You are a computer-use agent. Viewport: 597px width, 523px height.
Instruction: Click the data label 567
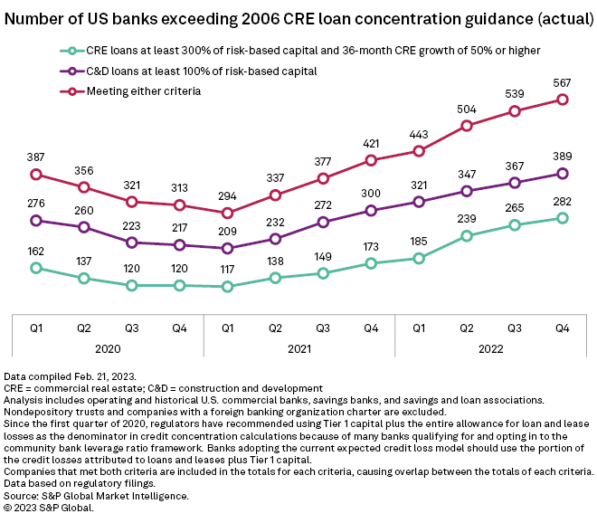click(562, 81)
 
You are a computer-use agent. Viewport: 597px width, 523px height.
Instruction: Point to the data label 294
click(227, 195)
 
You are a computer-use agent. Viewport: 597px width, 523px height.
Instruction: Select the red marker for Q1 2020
click(36, 174)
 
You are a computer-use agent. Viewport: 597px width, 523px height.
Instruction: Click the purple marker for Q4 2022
click(562, 173)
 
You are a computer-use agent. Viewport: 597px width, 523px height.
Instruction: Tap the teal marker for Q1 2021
click(227, 287)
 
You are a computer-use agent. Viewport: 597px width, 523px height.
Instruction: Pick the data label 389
click(562, 156)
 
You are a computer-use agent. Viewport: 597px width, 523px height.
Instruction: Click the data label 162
click(36, 250)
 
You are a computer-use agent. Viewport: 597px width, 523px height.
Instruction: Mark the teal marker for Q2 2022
click(466, 236)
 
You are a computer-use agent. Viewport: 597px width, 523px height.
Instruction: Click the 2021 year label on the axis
click(299, 346)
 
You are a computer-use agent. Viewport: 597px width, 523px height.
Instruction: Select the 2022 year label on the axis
click(490, 346)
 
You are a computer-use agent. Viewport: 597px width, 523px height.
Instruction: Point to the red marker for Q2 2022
click(466, 126)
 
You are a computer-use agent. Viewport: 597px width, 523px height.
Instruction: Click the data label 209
click(227, 231)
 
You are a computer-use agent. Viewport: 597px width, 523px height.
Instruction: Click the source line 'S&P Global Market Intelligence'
click(99, 495)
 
